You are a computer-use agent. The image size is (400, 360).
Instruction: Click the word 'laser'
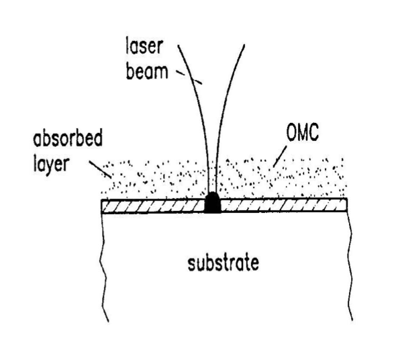[x=144, y=46]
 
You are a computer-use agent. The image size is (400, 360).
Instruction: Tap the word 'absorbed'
[x=68, y=138]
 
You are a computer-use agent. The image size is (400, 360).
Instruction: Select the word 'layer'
[x=51, y=163]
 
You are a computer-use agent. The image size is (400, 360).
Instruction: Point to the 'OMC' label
[x=303, y=132]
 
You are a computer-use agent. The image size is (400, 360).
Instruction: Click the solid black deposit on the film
[x=213, y=203]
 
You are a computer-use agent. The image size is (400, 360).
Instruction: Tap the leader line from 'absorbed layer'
[x=100, y=169]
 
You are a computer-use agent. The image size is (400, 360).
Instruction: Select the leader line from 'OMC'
[x=280, y=156]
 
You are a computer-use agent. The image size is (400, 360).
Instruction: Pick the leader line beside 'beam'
[x=189, y=77]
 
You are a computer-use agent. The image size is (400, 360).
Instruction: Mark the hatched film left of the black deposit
[x=153, y=206]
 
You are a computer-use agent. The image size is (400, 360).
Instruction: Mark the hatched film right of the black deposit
[x=284, y=206]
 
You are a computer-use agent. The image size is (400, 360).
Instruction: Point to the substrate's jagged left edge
[x=103, y=267]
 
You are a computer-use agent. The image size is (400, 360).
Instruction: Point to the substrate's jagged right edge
[x=350, y=265]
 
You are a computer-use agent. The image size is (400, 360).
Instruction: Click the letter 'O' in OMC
[x=291, y=132]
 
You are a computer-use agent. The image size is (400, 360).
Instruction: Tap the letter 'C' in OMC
[x=314, y=132]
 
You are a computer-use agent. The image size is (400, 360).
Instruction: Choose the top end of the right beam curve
[x=245, y=45]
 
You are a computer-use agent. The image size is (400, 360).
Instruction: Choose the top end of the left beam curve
[x=178, y=46]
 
